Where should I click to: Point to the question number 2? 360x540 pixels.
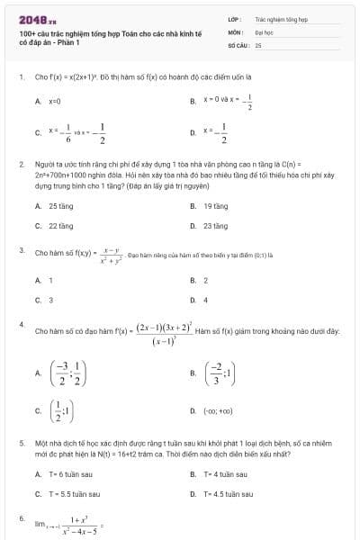(21, 165)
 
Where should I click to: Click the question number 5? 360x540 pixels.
(21, 444)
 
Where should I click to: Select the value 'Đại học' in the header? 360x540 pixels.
(264, 31)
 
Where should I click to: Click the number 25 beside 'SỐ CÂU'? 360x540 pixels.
(258, 43)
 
